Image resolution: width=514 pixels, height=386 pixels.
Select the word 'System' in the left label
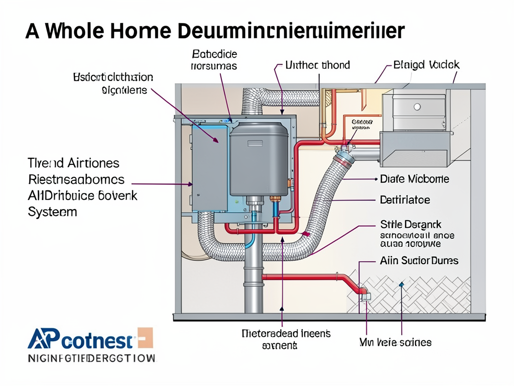click(52, 212)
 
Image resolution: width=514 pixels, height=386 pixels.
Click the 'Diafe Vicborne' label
click(415, 179)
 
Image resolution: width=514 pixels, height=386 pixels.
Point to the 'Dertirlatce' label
click(405, 200)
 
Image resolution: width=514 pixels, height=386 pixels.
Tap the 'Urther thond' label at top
click(317, 65)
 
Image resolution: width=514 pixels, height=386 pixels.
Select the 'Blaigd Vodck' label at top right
click(426, 65)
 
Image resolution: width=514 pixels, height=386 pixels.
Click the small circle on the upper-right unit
click(416, 107)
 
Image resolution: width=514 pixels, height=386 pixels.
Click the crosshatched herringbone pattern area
click(417, 297)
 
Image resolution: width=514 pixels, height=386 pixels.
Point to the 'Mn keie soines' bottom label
click(395, 342)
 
